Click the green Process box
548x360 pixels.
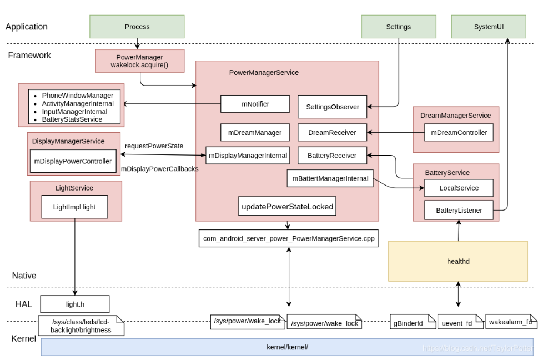[137, 27]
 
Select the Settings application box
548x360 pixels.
[398, 27]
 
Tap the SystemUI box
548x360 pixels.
[488, 27]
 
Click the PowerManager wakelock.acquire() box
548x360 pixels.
[139, 61]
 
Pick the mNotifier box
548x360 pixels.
[255, 104]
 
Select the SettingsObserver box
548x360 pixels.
[332, 107]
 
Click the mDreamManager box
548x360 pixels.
[255, 133]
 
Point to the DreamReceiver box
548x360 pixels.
[332, 133]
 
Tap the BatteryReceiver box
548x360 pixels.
[332, 156]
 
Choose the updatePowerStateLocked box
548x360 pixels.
[287, 207]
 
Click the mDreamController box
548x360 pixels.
[459, 133]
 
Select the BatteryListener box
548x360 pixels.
[459, 211]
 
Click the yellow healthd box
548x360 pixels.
[457, 261]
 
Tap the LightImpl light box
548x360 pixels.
[74, 207]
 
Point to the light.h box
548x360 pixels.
[74, 304]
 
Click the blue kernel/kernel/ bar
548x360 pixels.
[287, 347]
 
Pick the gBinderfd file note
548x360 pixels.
[411, 322]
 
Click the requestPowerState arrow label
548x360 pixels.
[154, 146]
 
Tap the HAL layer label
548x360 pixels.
[23, 304]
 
